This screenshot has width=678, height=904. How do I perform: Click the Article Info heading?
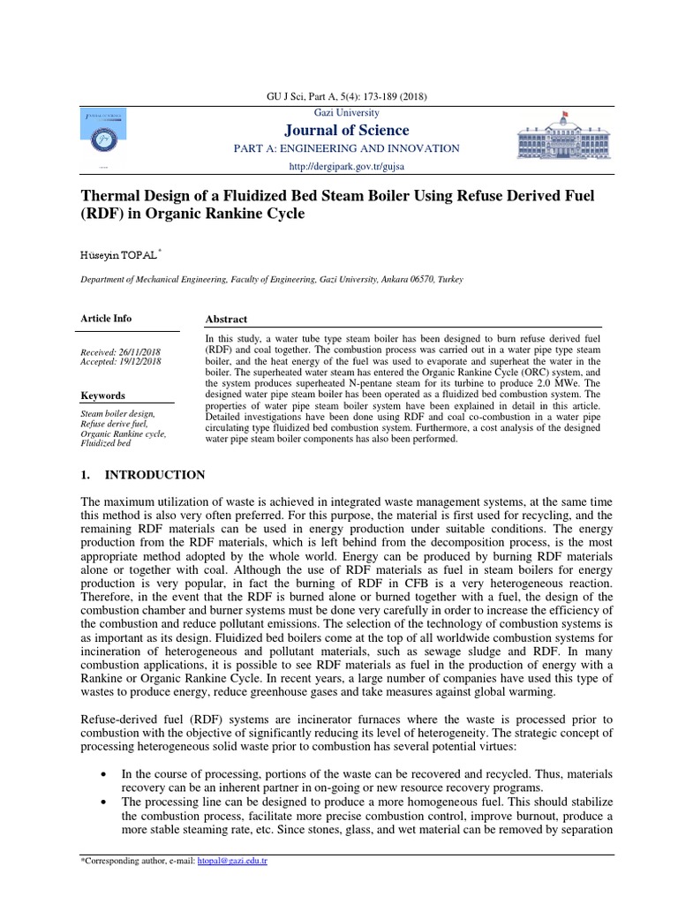[106, 319]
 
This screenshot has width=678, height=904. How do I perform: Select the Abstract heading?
[226, 320]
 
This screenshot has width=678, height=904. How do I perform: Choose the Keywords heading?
[102, 395]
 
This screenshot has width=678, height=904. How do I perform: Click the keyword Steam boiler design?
[117, 413]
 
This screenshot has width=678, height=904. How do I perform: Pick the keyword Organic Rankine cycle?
[123, 433]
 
